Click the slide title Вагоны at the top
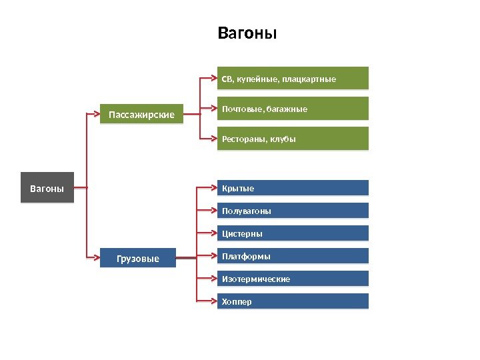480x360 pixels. (x=247, y=33)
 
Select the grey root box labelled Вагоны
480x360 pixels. (x=47, y=189)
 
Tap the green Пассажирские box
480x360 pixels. (x=141, y=115)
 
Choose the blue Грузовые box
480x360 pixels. (x=138, y=258)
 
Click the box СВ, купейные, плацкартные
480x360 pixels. (x=293, y=78)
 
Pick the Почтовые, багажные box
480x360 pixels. (x=293, y=109)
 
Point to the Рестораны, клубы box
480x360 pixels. (x=293, y=139)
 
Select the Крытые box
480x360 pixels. (x=293, y=188)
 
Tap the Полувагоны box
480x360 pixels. (x=293, y=211)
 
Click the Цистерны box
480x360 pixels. (x=293, y=233)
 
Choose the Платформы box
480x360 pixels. (x=293, y=256)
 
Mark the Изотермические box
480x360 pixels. (x=293, y=279)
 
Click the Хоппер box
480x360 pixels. (x=293, y=301)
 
